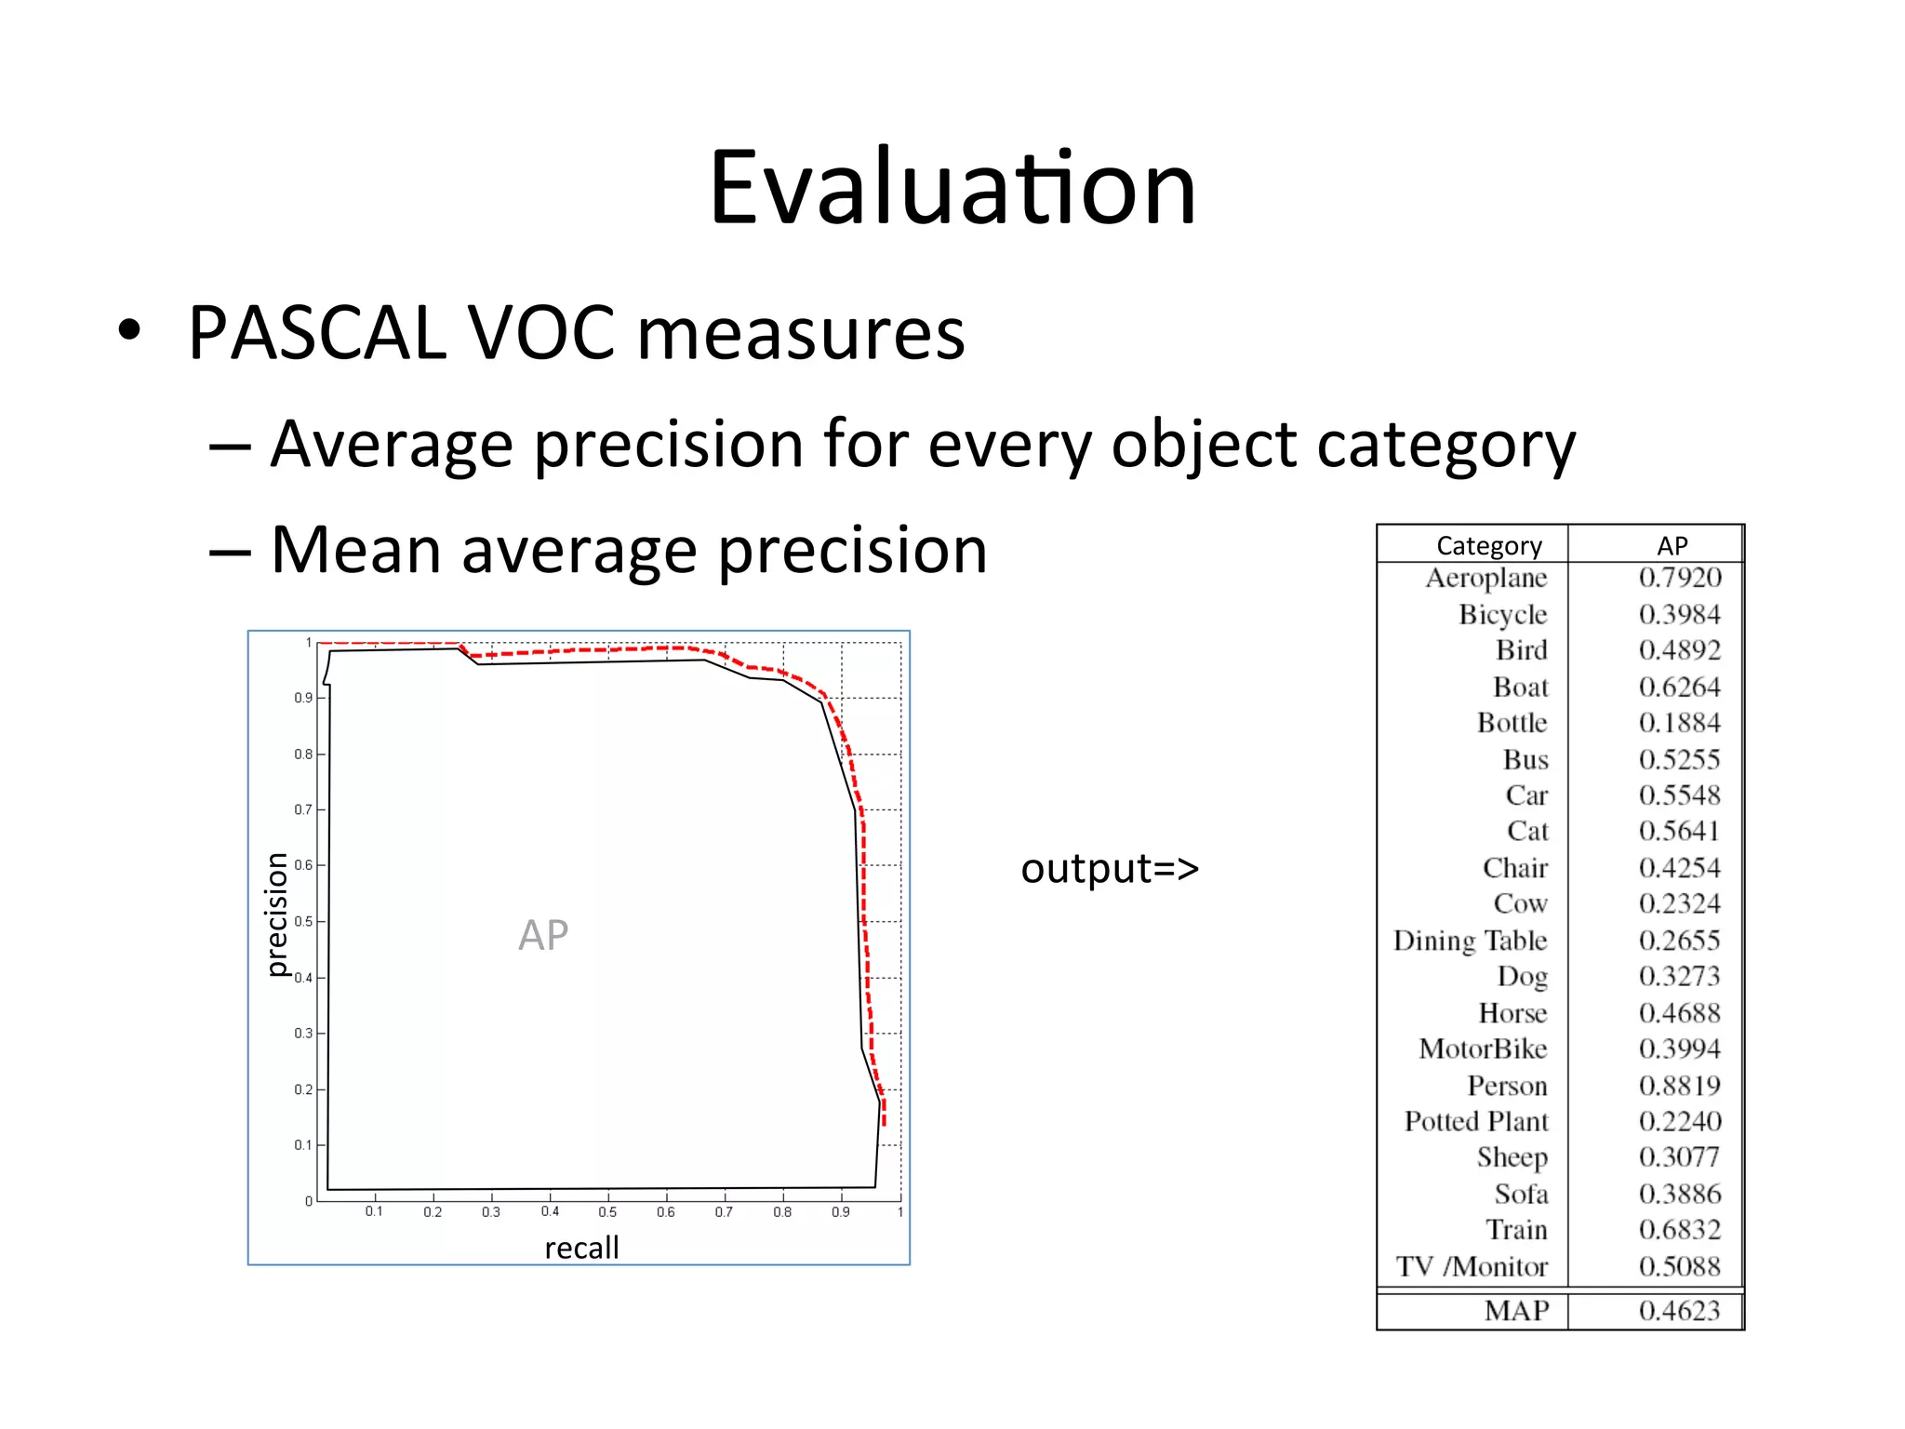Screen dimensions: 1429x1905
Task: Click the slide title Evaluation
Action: click(952, 189)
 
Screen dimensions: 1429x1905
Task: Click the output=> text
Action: click(1109, 868)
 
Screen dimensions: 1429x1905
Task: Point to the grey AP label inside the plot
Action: click(543, 935)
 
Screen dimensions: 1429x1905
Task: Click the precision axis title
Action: click(276, 914)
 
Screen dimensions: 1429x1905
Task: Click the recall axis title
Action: click(581, 1248)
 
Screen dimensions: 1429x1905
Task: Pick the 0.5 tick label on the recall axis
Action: click(607, 1212)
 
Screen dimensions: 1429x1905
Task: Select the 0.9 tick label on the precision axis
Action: click(303, 698)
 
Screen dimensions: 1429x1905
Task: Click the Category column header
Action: click(1488, 546)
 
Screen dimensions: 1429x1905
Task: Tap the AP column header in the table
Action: click(1672, 546)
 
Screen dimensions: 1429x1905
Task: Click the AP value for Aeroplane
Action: click(1679, 578)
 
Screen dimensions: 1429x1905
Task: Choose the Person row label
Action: click(1507, 1086)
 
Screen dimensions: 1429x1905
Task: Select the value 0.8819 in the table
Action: click(1679, 1086)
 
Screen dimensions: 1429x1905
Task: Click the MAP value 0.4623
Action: click(1679, 1311)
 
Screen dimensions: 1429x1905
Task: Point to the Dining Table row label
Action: click(1470, 941)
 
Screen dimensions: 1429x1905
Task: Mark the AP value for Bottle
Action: click(1679, 723)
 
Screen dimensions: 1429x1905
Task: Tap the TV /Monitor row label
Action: click(1472, 1267)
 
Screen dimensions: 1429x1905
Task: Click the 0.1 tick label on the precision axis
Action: click(303, 1145)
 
